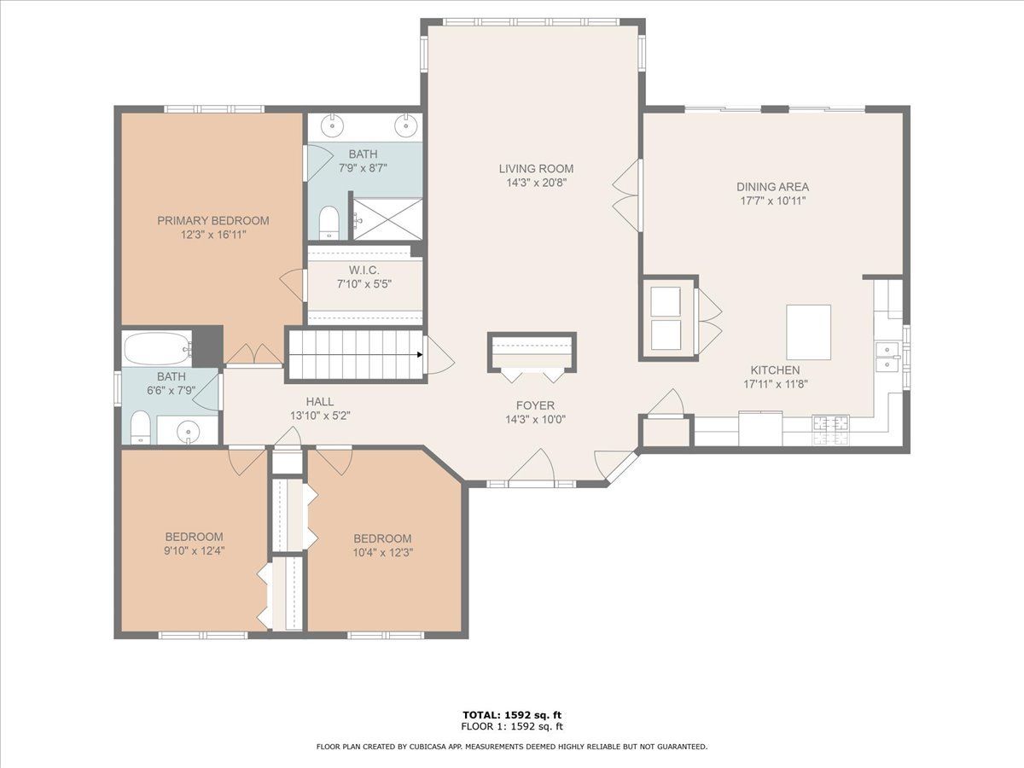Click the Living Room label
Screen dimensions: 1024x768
[x=536, y=168]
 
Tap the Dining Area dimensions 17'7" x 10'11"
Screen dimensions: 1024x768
[x=772, y=201]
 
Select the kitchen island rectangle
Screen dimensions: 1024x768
[x=808, y=332]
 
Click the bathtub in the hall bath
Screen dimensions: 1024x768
[x=157, y=348]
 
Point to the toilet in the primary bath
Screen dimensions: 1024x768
[x=329, y=223]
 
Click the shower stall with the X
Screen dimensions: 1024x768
[x=387, y=219]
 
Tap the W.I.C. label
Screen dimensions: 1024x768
[x=364, y=270]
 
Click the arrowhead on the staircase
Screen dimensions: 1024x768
[x=420, y=354]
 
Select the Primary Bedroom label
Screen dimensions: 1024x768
[x=213, y=220]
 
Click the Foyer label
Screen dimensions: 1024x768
[x=535, y=405]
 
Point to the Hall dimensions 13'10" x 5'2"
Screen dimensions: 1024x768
[x=320, y=416]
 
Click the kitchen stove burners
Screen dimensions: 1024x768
[x=831, y=429]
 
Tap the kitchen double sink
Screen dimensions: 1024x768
[x=887, y=357]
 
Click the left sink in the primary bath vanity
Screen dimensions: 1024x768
[x=332, y=125]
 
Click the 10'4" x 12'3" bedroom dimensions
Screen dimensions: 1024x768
[x=383, y=553]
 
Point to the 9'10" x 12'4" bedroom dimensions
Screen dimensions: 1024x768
[x=194, y=550]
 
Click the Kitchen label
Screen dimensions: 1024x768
[x=775, y=370]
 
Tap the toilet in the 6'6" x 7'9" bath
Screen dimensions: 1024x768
[x=140, y=427]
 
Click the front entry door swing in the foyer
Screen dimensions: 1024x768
[x=532, y=463]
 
